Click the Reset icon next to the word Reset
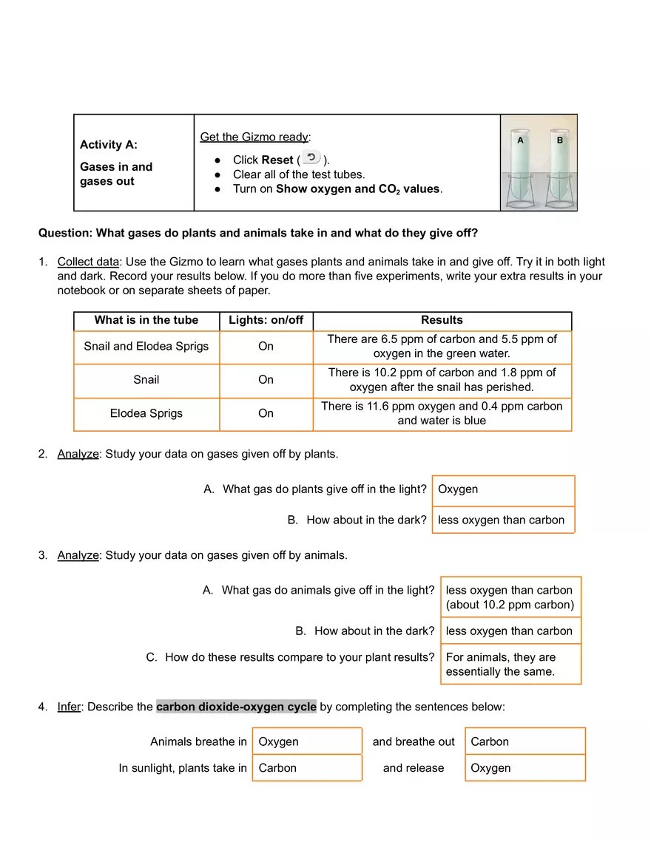311,157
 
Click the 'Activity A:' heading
109,145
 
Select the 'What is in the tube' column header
146,320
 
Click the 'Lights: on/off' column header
266,320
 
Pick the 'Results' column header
442,320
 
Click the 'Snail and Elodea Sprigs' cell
146,346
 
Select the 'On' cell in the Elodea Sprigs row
266,413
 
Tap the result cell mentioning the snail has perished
442,380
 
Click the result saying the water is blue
442,413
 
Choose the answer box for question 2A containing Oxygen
503,489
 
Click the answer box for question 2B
503,520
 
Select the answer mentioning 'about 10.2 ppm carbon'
510,597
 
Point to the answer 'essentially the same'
510,664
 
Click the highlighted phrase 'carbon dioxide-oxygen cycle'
236,707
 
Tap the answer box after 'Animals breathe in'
307,741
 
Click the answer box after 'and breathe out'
525,741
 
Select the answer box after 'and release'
525,768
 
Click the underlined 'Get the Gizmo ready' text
254,137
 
